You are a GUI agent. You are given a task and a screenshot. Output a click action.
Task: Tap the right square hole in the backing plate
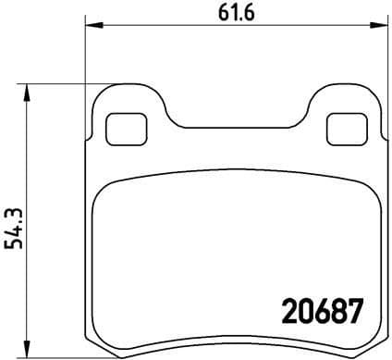coord(346,129)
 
